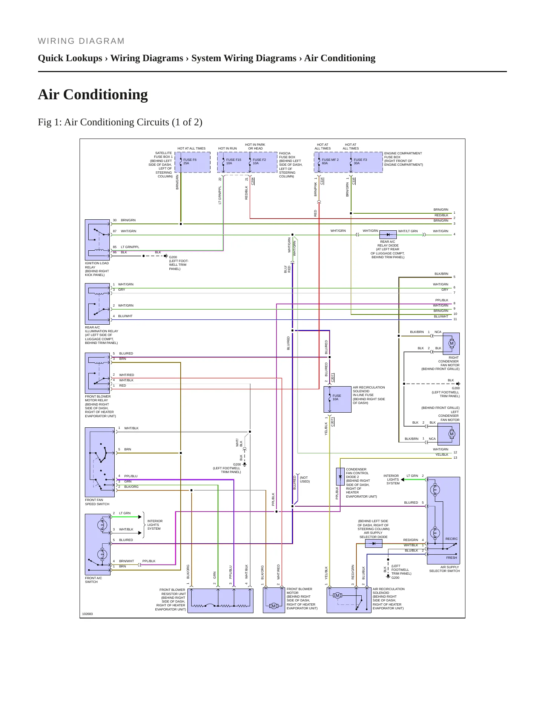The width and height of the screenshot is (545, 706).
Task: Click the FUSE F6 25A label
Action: pos(190,162)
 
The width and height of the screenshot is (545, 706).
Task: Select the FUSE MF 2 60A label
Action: pos(330,162)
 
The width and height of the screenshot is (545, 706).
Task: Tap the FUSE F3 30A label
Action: pos(360,162)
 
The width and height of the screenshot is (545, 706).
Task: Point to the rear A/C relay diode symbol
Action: pos(388,234)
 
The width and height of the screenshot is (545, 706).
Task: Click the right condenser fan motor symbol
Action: pos(451,343)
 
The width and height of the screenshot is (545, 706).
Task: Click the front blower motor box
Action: pos(274,600)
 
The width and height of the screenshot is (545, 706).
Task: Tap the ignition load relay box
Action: pos(97,240)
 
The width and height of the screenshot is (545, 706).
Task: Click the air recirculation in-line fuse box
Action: pos(337,399)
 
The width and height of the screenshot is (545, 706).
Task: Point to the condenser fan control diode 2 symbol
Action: pos(340,476)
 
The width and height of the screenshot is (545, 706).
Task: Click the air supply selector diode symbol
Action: pos(374,544)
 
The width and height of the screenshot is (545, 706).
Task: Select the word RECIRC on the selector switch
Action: pos(451,539)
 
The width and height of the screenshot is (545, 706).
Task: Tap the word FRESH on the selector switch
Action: pos(451,558)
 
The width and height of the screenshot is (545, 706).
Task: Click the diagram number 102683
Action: pos(88,614)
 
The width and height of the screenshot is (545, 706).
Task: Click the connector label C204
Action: pos(253,181)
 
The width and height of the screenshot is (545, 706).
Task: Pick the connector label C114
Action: pos(322,181)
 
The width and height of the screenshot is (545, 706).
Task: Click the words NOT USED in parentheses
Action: pos(305,479)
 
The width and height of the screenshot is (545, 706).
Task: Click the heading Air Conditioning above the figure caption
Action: pos(93,94)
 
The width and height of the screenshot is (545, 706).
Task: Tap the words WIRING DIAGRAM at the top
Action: pos(81,41)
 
